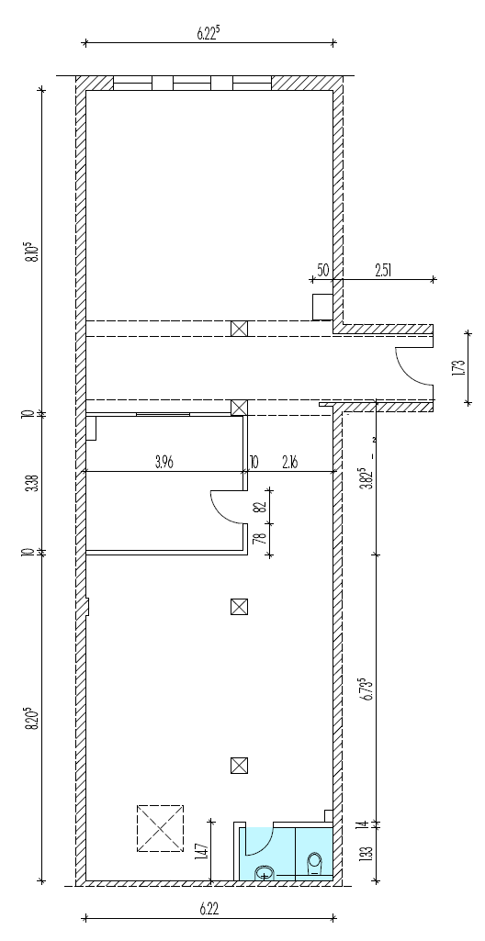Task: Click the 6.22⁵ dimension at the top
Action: (208, 33)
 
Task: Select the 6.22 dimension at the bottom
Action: (208, 909)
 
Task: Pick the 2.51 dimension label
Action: (384, 270)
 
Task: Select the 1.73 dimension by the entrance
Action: (460, 367)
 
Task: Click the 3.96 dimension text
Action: (164, 462)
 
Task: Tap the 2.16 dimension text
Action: (289, 462)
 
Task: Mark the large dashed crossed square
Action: (160, 828)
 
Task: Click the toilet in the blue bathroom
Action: (314, 865)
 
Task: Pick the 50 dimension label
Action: (323, 270)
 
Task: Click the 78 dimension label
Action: (260, 539)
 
